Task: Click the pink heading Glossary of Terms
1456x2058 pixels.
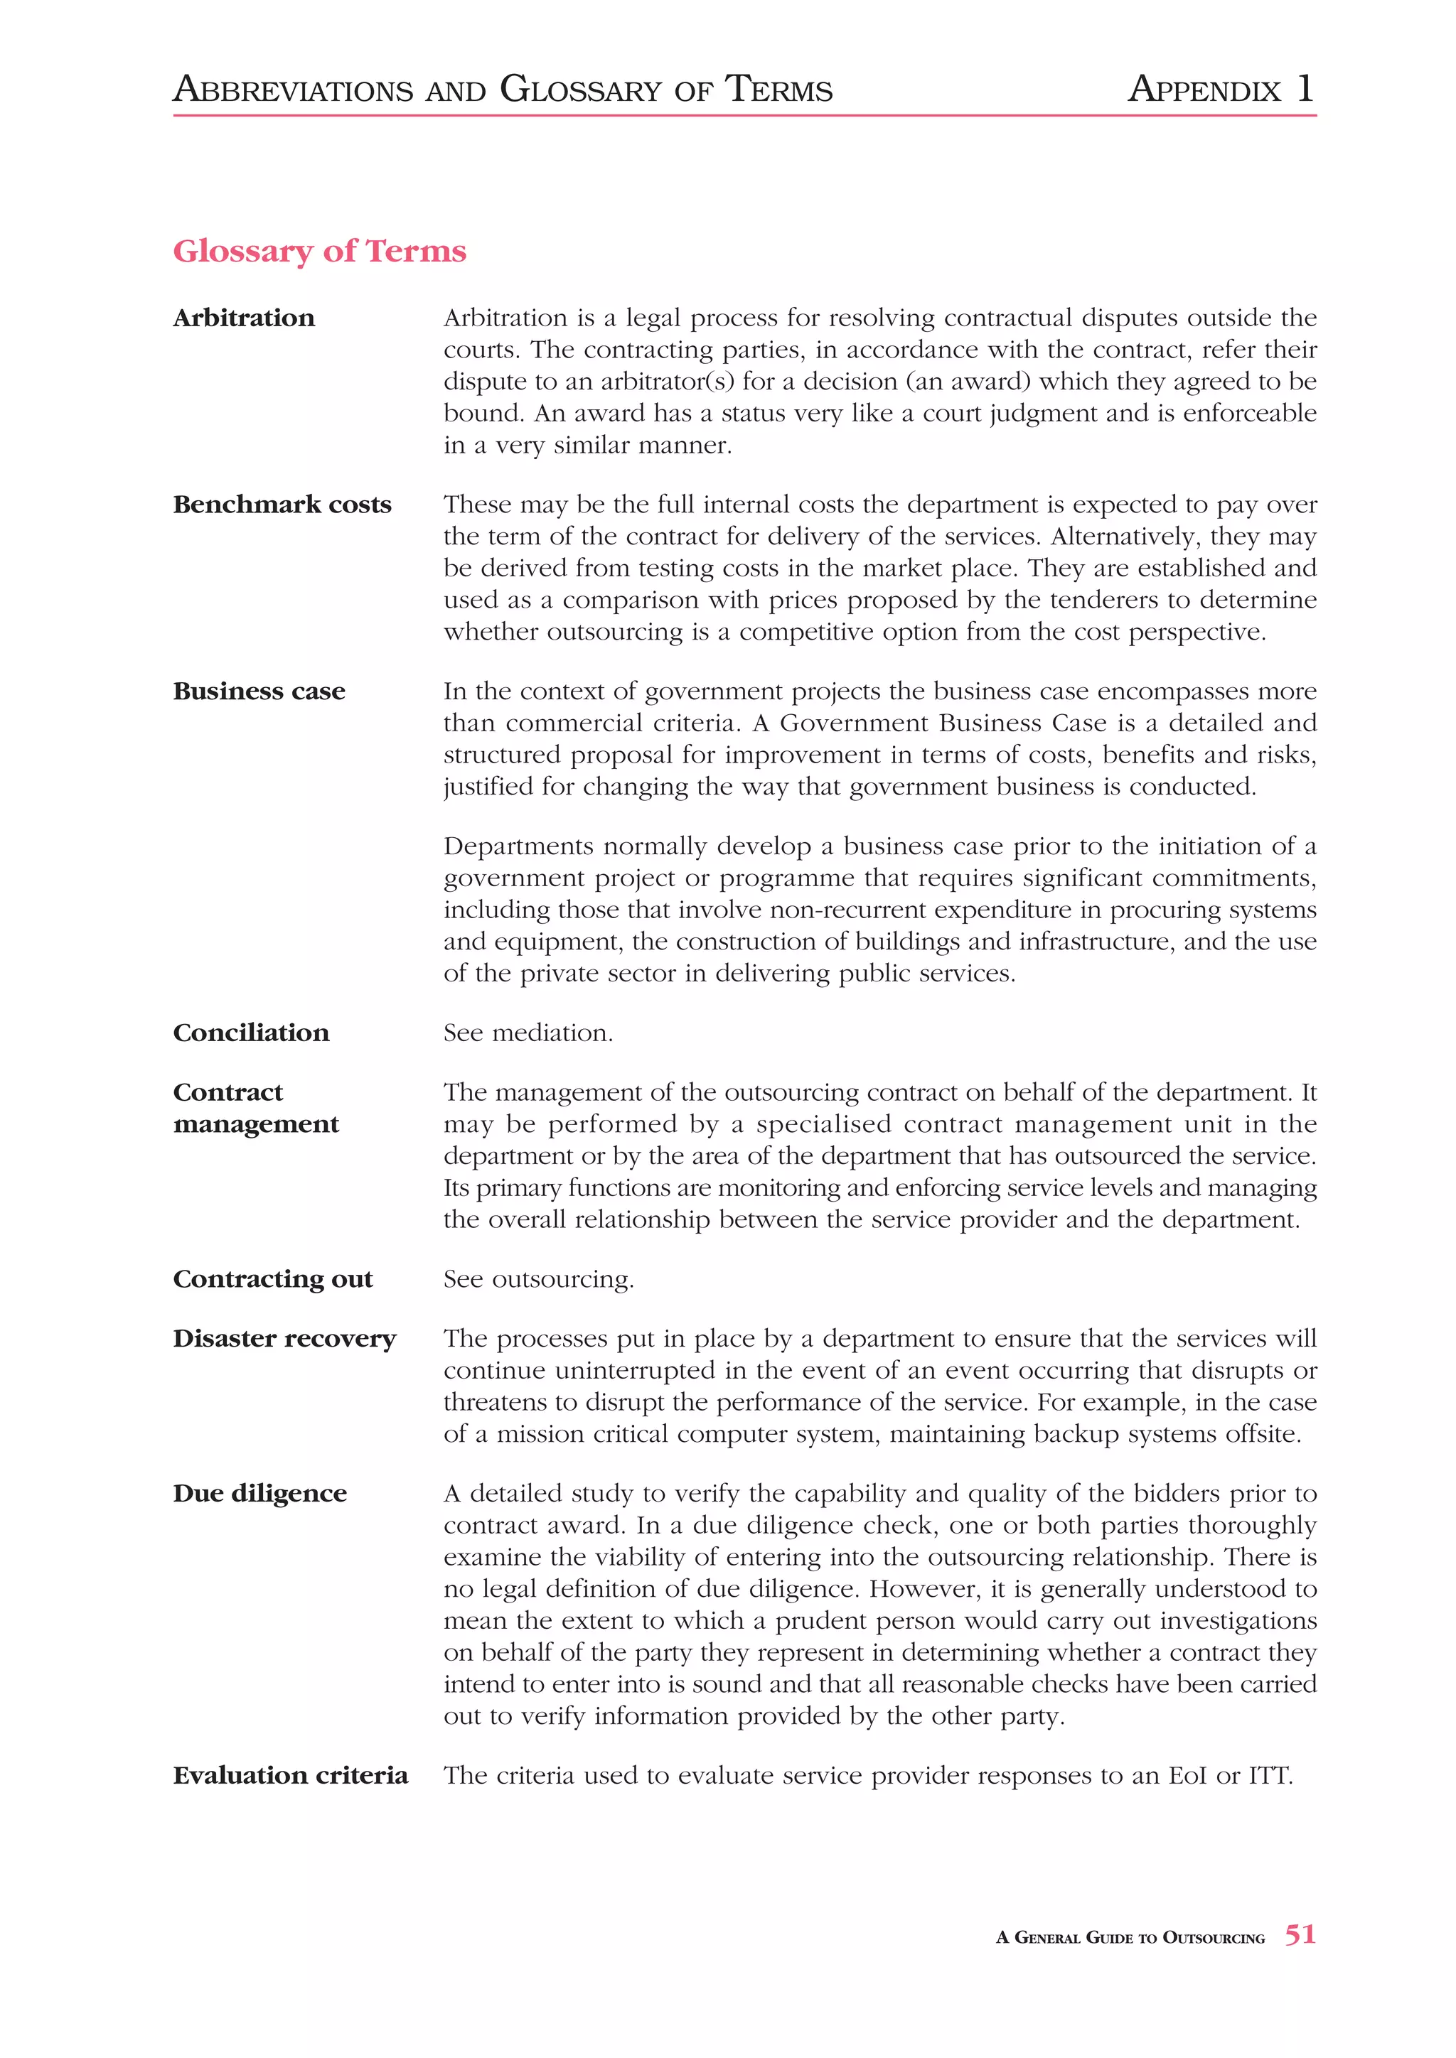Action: pos(319,251)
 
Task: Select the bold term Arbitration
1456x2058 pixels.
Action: pos(244,318)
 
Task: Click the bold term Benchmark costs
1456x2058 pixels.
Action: pos(282,505)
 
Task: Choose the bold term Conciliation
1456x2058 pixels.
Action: pos(251,1033)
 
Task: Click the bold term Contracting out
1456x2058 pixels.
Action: pos(272,1279)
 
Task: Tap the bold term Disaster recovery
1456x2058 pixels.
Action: pos(284,1338)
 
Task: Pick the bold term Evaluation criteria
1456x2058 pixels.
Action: pos(291,1776)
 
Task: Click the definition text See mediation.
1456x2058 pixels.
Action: pos(528,1033)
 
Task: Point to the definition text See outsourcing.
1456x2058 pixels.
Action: pos(538,1279)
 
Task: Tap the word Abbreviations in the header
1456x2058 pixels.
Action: pos(293,90)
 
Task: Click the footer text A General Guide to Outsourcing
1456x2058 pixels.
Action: pos(1130,1938)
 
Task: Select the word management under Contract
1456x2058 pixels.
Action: pos(257,1124)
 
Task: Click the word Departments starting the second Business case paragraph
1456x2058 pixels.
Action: pos(519,846)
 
